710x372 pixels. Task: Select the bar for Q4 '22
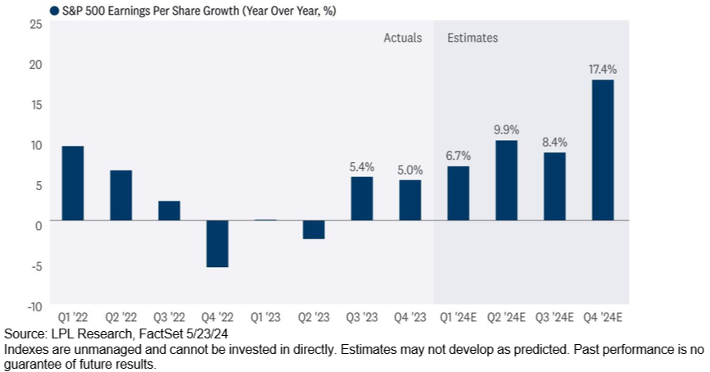point(217,243)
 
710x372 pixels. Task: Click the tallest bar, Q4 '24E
point(603,150)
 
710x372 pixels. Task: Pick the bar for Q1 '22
point(72,183)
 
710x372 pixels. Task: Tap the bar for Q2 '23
point(314,229)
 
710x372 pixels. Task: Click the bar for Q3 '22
point(169,211)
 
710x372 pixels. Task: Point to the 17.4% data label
point(603,70)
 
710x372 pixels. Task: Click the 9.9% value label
point(506,129)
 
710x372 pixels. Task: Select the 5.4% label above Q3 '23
point(362,166)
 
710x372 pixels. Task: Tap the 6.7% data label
point(459,156)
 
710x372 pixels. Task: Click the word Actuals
point(403,38)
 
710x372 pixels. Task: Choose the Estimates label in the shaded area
point(473,38)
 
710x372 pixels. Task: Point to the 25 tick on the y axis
point(36,25)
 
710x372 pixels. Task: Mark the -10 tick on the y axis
point(34,306)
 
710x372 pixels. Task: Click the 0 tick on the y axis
point(38,225)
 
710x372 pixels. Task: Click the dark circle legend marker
point(54,11)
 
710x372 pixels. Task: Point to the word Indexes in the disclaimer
point(25,349)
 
